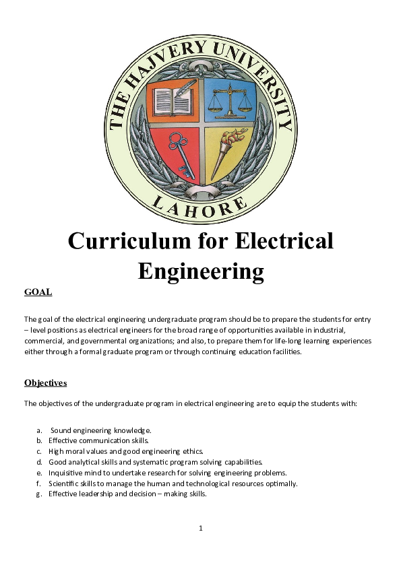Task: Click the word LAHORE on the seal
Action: pos(202,203)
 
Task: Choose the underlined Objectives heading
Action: pos(45,382)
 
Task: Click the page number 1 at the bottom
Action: pos(201,527)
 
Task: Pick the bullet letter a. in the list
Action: pos(40,430)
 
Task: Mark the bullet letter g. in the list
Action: pos(40,494)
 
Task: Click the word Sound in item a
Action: pos(61,430)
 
